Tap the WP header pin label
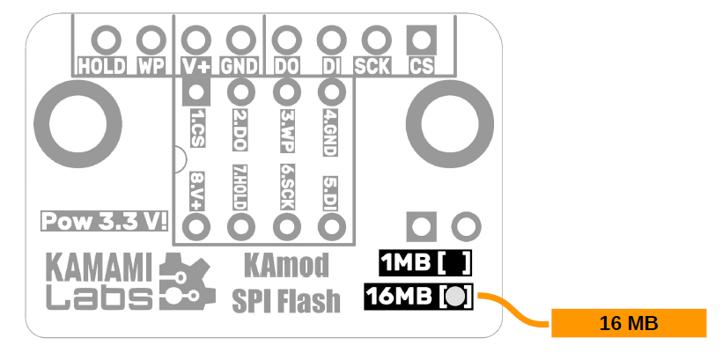(x=151, y=65)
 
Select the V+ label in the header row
(x=196, y=65)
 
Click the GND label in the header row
(x=239, y=65)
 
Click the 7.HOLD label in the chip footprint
(x=240, y=187)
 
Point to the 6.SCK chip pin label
(x=286, y=187)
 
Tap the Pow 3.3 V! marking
(x=106, y=221)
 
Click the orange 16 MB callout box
(x=629, y=323)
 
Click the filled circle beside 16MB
(x=454, y=297)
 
